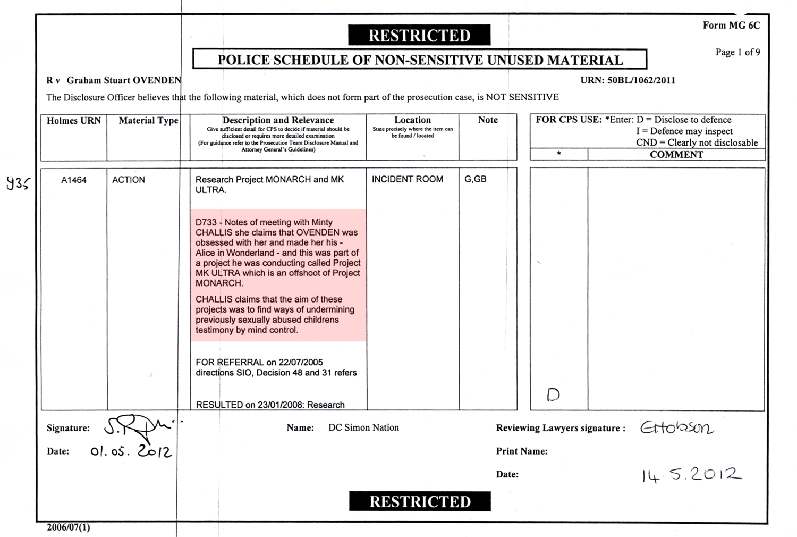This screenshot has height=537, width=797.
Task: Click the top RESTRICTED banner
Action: (419, 36)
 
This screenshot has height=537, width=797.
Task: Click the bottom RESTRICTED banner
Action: (420, 501)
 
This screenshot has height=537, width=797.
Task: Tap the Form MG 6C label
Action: (731, 26)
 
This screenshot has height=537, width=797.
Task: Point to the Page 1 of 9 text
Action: (737, 52)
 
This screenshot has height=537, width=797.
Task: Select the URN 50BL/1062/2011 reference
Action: (628, 81)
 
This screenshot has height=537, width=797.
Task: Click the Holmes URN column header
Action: (74, 121)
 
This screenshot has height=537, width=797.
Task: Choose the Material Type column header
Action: (148, 121)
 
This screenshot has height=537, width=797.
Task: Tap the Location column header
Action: (412, 120)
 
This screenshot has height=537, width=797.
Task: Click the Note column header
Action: (487, 120)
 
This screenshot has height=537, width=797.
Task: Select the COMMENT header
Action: (676, 155)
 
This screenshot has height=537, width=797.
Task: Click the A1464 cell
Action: (74, 180)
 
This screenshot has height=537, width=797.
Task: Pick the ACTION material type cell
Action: (129, 180)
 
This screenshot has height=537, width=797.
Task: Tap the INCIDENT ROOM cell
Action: (407, 179)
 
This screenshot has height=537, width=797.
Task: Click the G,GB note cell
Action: (476, 179)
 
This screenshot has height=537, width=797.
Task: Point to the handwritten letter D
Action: (553, 395)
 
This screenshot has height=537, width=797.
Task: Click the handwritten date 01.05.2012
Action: (131, 451)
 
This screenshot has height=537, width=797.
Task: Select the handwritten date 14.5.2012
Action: (691, 474)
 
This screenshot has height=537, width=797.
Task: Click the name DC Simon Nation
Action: (363, 427)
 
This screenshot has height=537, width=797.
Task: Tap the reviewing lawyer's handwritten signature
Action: (677, 427)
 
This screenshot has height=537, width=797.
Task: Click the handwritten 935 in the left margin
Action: (18, 183)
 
